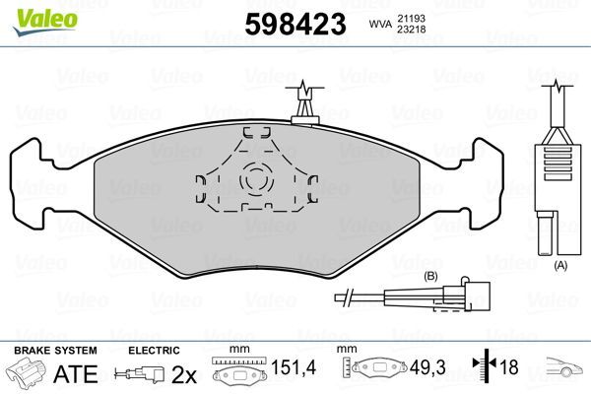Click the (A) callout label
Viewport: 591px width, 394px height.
(x=560, y=266)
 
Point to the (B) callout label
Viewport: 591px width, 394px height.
(x=429, y=276)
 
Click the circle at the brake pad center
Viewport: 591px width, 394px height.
(x=257, y=179)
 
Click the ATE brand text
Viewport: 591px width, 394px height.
(x=73, y=374)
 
